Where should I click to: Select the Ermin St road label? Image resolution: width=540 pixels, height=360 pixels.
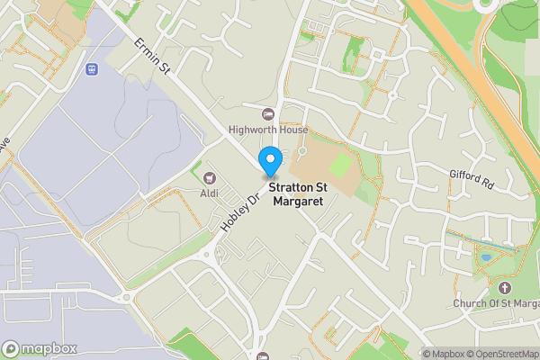[x=152, y=54]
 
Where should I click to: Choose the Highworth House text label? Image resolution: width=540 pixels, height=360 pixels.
[x=267, y=130]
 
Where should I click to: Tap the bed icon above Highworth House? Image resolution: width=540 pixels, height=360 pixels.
[x=267, y=114]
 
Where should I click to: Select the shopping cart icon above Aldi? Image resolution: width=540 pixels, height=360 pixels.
[x=210, y=179]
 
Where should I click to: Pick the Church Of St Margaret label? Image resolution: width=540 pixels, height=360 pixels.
[x=495, y=303]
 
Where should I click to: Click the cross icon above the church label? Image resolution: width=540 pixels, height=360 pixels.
[x=504, y=288]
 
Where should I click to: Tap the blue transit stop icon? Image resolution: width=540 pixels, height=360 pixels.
[x=91, y=69]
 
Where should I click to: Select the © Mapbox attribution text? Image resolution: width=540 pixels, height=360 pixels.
[x=444, y=353]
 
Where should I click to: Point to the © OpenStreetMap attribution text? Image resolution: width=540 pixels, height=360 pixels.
[x=502, y=353]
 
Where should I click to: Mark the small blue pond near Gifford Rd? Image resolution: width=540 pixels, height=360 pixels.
[x=486, y=257]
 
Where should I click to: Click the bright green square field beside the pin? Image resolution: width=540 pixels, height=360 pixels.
[x=341, y=166]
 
